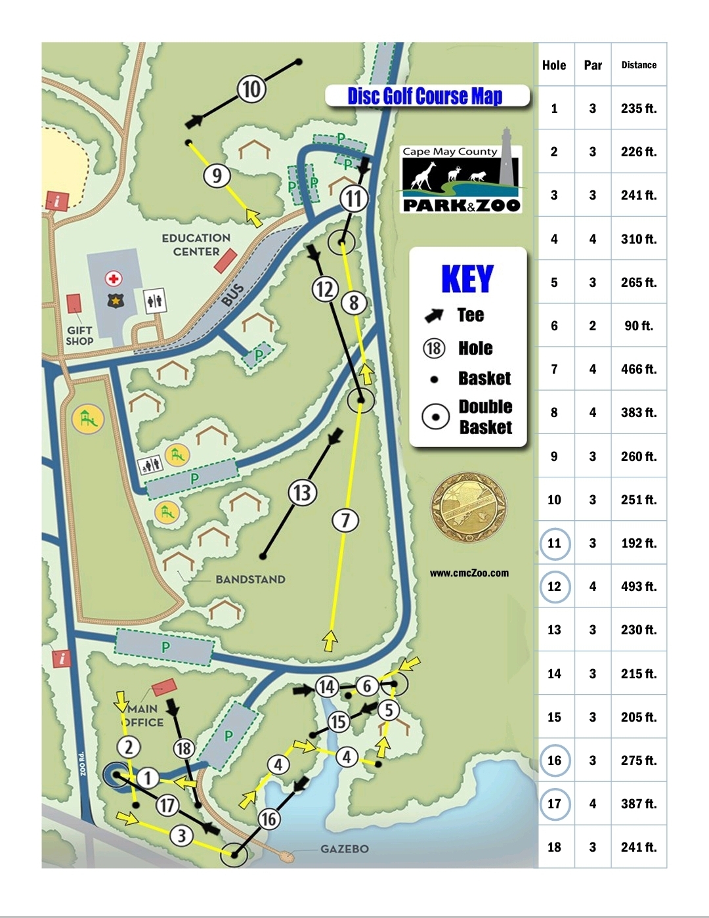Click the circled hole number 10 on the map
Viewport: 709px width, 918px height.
click(251, 89)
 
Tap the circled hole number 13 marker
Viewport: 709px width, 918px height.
click(302, 492)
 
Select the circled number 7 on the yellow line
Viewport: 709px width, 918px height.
click(345, 520)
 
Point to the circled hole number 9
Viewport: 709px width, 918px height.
click(217, 175)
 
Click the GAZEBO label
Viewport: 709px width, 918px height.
click(344, 849)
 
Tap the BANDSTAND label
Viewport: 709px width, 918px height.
click(250, 579)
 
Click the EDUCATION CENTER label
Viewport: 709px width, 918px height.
click(196, 244)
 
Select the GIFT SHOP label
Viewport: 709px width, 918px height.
click(79, 336)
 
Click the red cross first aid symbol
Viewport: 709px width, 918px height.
click(114, 278)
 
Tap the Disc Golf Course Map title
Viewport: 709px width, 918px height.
click(425, 96)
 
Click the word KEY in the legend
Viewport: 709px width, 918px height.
click(467, 279)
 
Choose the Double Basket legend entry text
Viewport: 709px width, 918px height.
click(485, 417)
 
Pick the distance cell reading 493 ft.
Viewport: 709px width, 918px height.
click(639, 586)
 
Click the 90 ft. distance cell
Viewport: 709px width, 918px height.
click(639, 326)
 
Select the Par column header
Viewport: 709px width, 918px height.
click(593, 65)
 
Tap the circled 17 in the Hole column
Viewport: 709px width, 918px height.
click(554, 804)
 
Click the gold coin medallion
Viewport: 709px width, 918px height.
click(469, 507)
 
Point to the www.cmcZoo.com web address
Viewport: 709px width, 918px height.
click(469, 573)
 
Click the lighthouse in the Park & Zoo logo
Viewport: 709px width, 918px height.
click(506, 158)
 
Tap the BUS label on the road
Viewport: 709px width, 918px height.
click(232, 295)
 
